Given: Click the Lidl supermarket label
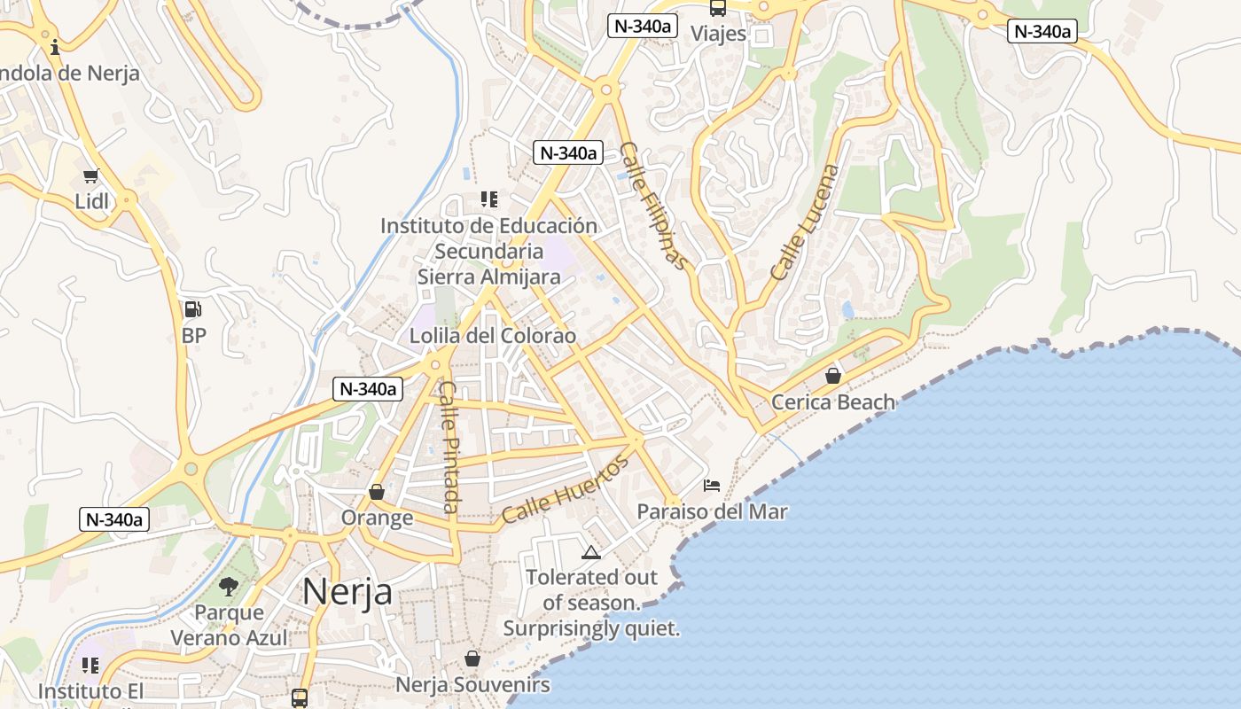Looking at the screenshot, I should pyautogui.click(x=91, y=201).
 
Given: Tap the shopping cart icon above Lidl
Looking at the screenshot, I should pyautogui.click(x=90, y=176).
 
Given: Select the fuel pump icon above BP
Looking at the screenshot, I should pyautogui.click(x=192, y=309).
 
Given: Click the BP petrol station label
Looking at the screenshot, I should pyautogui.click(x=193, y=336).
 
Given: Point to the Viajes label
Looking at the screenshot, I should pyautogui.click(x=718, y=34).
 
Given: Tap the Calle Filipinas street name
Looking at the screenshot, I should pyautogui.click(x=653, y=206).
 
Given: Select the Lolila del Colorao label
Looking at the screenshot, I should pyautogui.click(x=492, y=336).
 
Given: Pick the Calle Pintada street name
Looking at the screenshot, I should pyautogui.click(x=449, y=447).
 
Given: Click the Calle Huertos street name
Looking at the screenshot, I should pyautogui.click(x=566, y=488).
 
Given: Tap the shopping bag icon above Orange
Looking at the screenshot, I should pyautogui.click(x=377, y=492).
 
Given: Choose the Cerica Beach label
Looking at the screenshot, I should pyautogui.click(x=833, y=402).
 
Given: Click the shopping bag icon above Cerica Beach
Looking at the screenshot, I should pyautogui.click(x=833, y=376).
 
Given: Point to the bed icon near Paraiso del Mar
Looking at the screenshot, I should pyautogui.click(x=712, y=486).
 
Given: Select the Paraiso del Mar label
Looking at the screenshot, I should pyautogui.click(x=712, y=511).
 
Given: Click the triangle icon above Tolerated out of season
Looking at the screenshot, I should pyautogui.click(x=591, y=553).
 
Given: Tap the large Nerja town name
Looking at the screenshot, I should pyautogui.click(x=347, y=591).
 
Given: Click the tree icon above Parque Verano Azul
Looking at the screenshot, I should pyautogui.click(x=229, y=586).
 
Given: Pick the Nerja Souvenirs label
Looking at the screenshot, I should pyautogui.click(x=472, y=685).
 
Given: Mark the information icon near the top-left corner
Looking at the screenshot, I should pyautogui.click(x=55, y=47).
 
